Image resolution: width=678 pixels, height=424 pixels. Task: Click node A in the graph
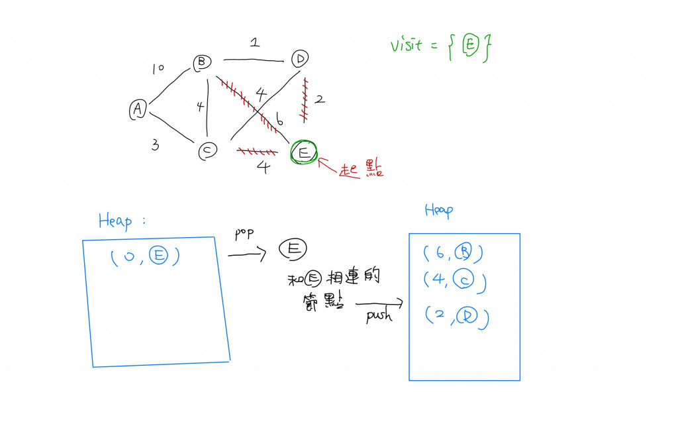(138, 110)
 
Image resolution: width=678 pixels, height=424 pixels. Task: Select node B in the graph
(201, 63)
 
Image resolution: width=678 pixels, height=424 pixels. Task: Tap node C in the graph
(207, 151)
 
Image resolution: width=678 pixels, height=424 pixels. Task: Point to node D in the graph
(300, 59)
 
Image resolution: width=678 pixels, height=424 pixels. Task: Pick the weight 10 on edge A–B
(158, 68)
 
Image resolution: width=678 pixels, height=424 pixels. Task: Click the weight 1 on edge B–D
(254, 44)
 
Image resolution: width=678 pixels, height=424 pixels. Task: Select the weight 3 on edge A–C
(154, 145)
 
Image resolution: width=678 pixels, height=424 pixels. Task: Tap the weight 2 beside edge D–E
(319, 99)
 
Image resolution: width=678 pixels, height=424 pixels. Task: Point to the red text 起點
(361, 170)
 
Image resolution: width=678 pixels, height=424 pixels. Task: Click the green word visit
(407, 46)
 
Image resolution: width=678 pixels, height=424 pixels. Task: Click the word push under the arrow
(379, 316)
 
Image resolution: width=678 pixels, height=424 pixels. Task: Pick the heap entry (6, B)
(452, 253)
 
